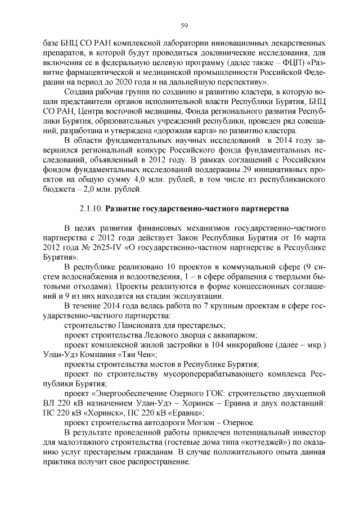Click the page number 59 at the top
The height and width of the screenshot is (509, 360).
[x=183, y=25]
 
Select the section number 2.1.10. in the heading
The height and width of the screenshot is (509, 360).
[x=91, y=209]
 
